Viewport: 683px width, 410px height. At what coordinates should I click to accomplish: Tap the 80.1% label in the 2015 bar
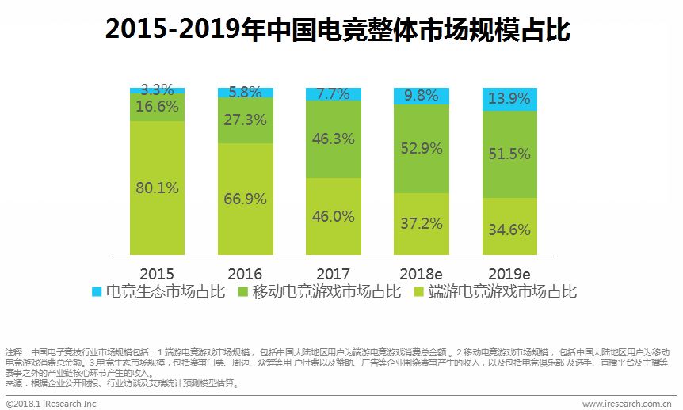[157, 188]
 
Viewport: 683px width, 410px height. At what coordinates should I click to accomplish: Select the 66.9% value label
[244, 199]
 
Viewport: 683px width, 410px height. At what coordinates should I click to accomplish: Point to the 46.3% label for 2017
[333, 139]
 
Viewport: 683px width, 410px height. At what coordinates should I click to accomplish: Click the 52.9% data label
[421, 148]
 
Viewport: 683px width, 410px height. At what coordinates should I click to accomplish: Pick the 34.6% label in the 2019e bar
[509, 230]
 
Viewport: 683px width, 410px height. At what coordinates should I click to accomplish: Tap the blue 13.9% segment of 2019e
[509, 100]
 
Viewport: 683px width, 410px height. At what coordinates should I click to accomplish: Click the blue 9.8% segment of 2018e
[421, 96]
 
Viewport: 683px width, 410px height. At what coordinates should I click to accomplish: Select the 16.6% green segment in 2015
[157, 107]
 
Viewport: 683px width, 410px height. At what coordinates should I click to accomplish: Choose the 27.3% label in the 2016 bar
[244, 120]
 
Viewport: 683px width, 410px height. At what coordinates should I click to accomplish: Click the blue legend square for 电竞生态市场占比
[97, 292]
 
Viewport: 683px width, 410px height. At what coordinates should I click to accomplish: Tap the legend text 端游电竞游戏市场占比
[503, 292]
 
